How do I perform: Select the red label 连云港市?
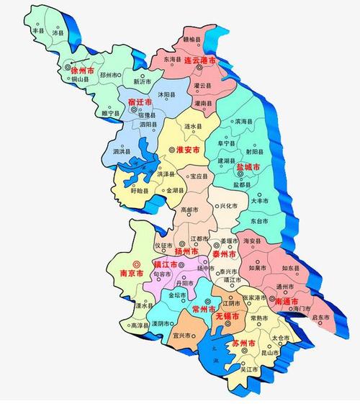pyautogui.click(x=201, y=60)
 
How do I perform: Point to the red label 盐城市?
pyautogui.click(x=250, y=166)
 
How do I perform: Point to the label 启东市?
pyautogui.click(x=320, y=318)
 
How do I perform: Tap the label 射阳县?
pyautogui.click(x=254, y=151)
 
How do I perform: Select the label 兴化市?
pyautogui.click(x=229, y=206)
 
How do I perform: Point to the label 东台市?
pyautogui.click(x=261, y=218)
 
